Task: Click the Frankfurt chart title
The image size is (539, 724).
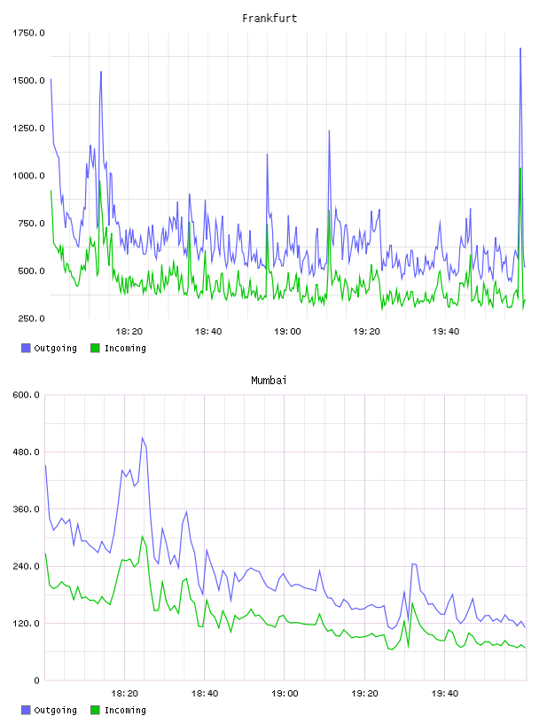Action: point(269,19)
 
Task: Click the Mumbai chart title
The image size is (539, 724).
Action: point(269,381)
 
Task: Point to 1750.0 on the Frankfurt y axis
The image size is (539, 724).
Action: point(28,33)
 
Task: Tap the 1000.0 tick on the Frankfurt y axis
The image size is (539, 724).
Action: point(28,176)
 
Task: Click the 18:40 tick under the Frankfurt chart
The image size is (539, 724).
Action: point(208,331)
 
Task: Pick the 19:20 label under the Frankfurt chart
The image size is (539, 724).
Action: point(366,331)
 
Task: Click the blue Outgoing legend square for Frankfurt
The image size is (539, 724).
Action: point(26,348)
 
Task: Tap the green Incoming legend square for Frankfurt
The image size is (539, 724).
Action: point(95,348)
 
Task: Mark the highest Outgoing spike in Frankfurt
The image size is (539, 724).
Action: point(520,48)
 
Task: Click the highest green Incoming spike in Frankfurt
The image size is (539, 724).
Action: point(520,168)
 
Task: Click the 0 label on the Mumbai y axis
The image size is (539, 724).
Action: point(37,681)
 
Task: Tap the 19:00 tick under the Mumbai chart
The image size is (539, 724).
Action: point(285,693)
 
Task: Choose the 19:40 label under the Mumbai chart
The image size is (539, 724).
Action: point(445,693)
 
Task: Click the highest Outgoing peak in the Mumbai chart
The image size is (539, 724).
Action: point(142,437)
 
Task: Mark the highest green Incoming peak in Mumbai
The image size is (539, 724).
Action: point(142,536)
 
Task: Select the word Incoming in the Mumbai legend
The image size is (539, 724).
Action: point(125,710)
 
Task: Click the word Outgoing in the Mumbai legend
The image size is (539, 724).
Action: point(55,710)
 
